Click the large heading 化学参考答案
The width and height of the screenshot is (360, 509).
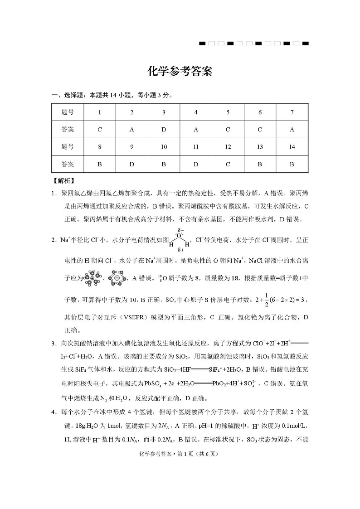[x=180, y=72]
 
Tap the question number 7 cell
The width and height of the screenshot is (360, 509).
[x=292, y=112]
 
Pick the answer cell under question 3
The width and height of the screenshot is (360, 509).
[x=164, y=129]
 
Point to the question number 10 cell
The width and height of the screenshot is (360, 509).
[x=164, y=146]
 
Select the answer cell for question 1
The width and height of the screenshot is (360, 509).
[x=100, y=129]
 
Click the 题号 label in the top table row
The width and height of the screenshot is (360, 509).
[x=68, y=112]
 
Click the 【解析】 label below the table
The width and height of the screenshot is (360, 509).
[x=64, y=180]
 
